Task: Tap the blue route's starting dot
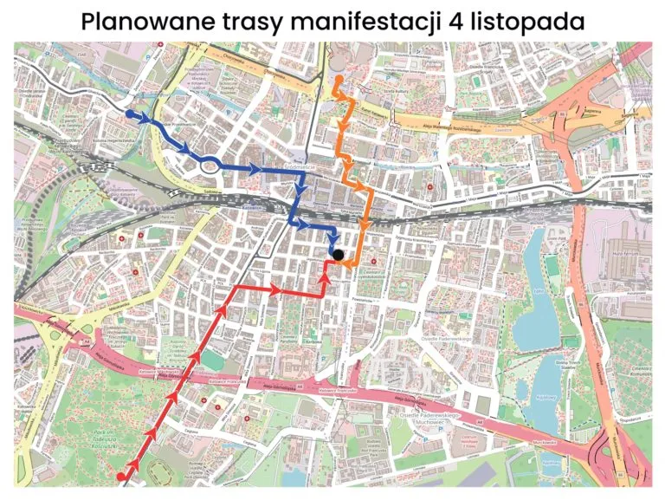pyautogui.click(x=130, y=114)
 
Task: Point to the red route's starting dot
pyautogui.click(x=122, y=475)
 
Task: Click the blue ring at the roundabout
pyautogui.click(x=208, y=162)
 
